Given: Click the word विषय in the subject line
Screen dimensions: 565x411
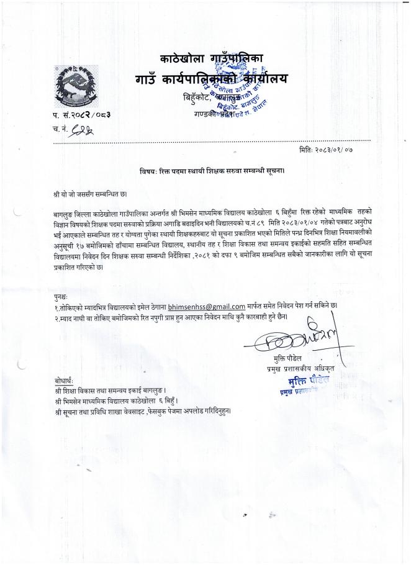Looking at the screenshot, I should (147, 171).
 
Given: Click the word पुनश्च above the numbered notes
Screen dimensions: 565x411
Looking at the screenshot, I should (61, 297).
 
